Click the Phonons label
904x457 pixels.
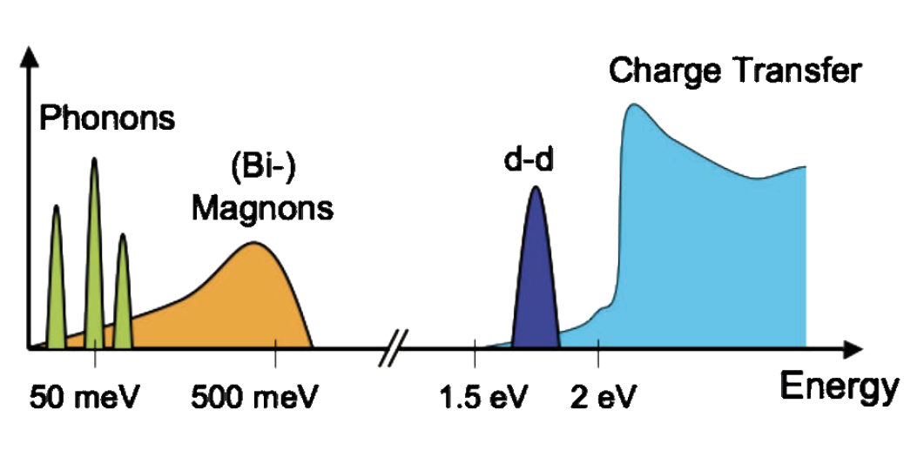pos(107,118)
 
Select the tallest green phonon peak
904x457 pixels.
pos(93,261)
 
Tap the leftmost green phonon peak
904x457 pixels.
pos(57,279)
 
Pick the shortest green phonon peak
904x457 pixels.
pos(123,292)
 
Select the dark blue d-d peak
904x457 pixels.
pos(536,279)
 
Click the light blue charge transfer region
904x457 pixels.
pos(697,252)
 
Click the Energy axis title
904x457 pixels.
pos(838,386)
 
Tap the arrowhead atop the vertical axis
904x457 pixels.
pos(29,57)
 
